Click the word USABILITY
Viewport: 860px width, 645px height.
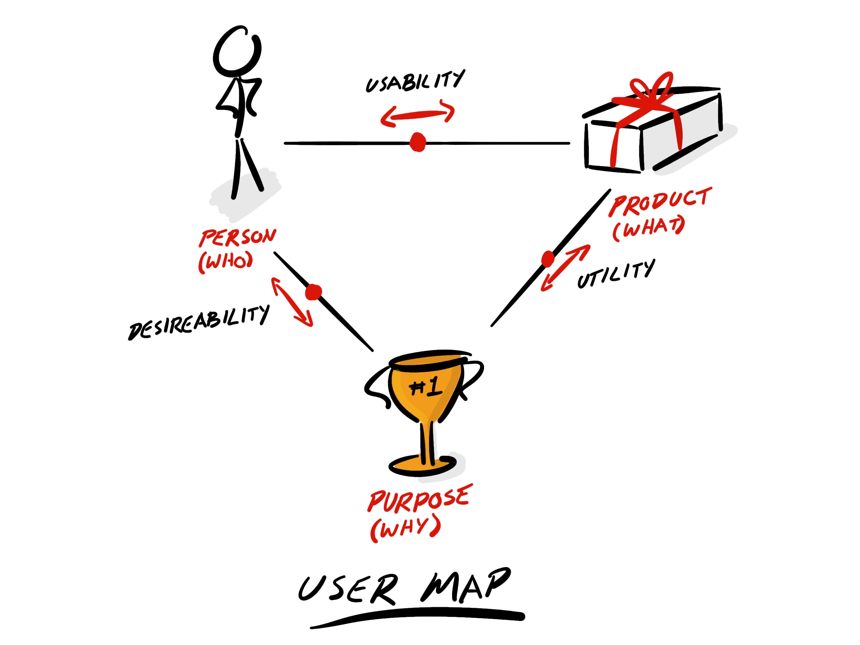coord(415,81)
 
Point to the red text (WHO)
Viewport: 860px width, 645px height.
coord(225,262)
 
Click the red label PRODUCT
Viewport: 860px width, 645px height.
coord(660,201)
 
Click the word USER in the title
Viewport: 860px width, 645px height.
coord(348,589)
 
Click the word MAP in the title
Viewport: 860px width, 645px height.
coord(465,585)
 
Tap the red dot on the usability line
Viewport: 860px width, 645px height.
coord(418,142)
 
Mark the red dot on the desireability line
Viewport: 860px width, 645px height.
coord(313,292)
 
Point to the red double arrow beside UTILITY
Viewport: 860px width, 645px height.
coord(565,268)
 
